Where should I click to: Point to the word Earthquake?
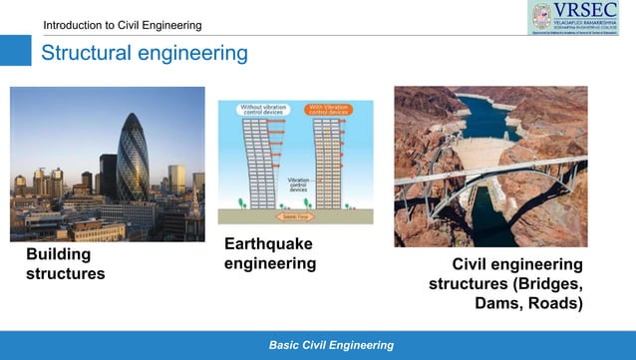(268, 244)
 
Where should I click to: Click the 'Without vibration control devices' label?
(263, 109)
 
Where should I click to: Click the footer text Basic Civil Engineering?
(332, 345)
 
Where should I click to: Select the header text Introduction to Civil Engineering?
(122, 25)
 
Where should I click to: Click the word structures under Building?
(65, 273)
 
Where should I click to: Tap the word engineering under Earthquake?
(269, 263)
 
